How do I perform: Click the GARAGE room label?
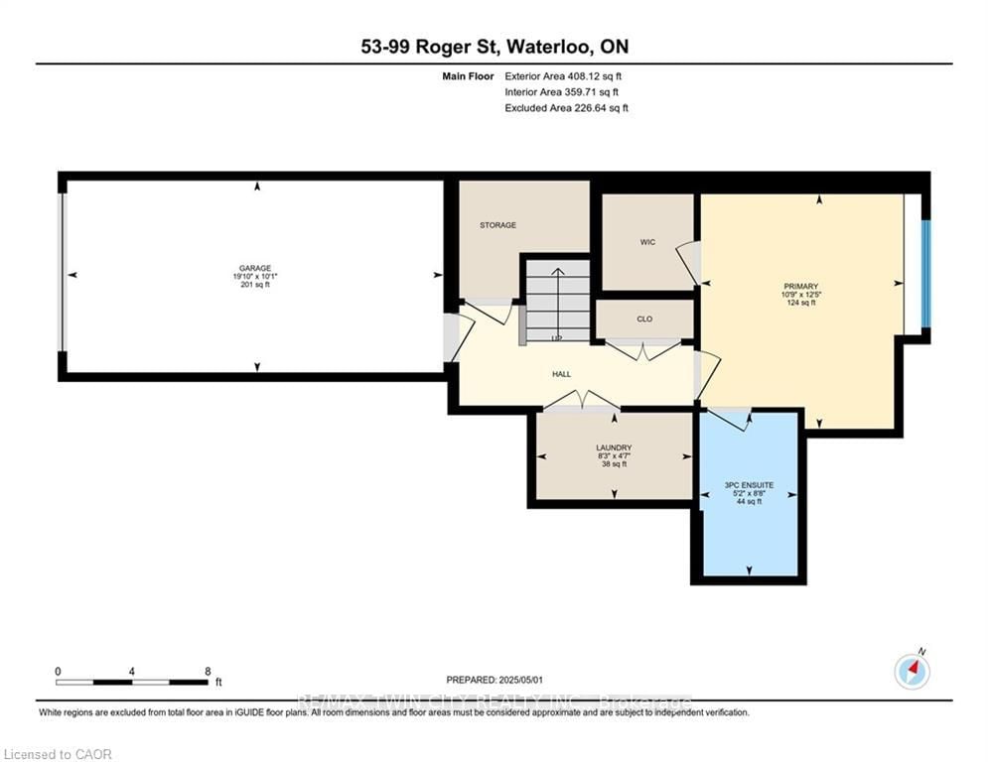(252, 268)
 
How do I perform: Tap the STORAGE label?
(497, 225)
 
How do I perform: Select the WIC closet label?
(646, 241)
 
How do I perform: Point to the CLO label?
(643, 319)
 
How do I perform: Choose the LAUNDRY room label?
(614, 447)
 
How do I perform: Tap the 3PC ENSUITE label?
(749, 485)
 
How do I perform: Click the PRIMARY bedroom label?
(798, 286)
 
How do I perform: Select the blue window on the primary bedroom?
(925, 274)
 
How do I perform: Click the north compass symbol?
(912, 672)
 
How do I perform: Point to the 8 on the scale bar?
(207, 671)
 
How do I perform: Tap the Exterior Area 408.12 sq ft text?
(563, 75)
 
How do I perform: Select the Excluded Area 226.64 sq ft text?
(566, 108)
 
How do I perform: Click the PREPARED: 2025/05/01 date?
(494, 680)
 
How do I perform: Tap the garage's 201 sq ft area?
(252, 285)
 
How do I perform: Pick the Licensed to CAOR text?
(58, 754)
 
